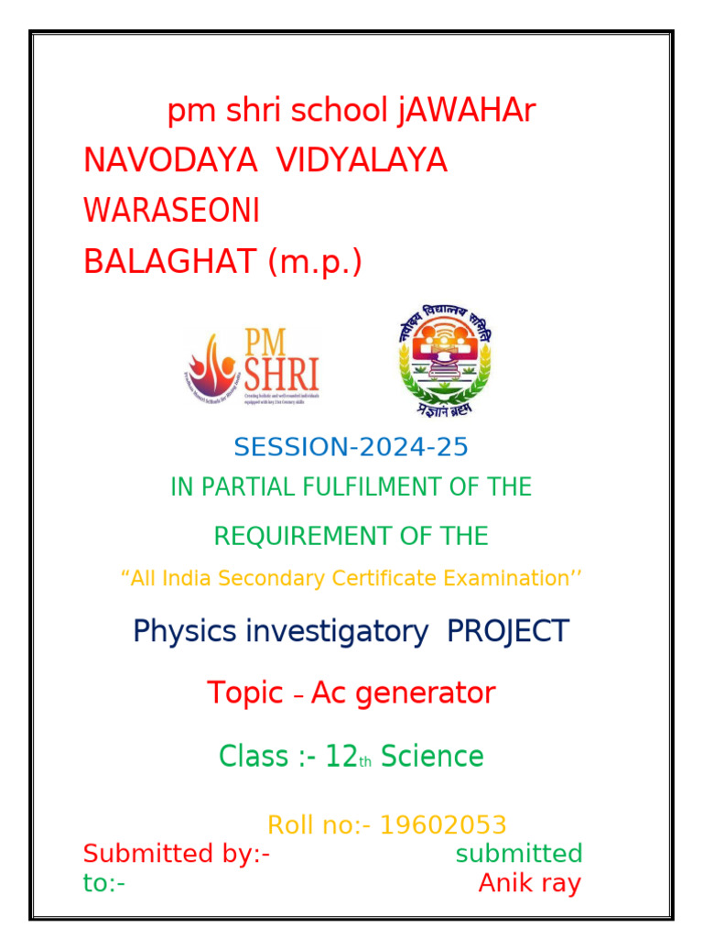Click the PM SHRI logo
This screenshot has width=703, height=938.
click(253, 366)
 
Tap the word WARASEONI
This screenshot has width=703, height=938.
click(171, 211)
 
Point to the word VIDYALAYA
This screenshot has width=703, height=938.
click(362, 160)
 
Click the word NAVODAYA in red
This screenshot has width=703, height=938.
click(170, 160)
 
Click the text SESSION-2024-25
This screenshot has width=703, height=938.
click(351, 447)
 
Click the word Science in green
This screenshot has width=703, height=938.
click(432, 757)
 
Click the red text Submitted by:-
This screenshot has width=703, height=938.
click(176, 854)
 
